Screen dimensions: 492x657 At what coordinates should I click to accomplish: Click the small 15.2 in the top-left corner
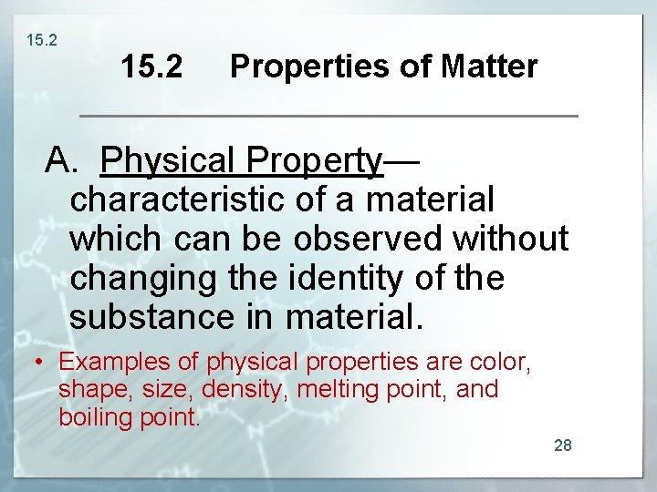tap(41, 40)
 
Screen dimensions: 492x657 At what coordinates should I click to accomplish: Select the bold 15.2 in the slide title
tap(151, 67)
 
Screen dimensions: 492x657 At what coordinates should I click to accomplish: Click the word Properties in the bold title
tap(313, 67)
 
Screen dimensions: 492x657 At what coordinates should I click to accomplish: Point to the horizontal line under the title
tap(329, 116)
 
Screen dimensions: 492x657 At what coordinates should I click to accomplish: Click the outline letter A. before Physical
tap(65, 160)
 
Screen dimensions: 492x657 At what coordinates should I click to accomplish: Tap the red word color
tap(500, 362)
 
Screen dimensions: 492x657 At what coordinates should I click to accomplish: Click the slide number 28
tap(563, 446)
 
